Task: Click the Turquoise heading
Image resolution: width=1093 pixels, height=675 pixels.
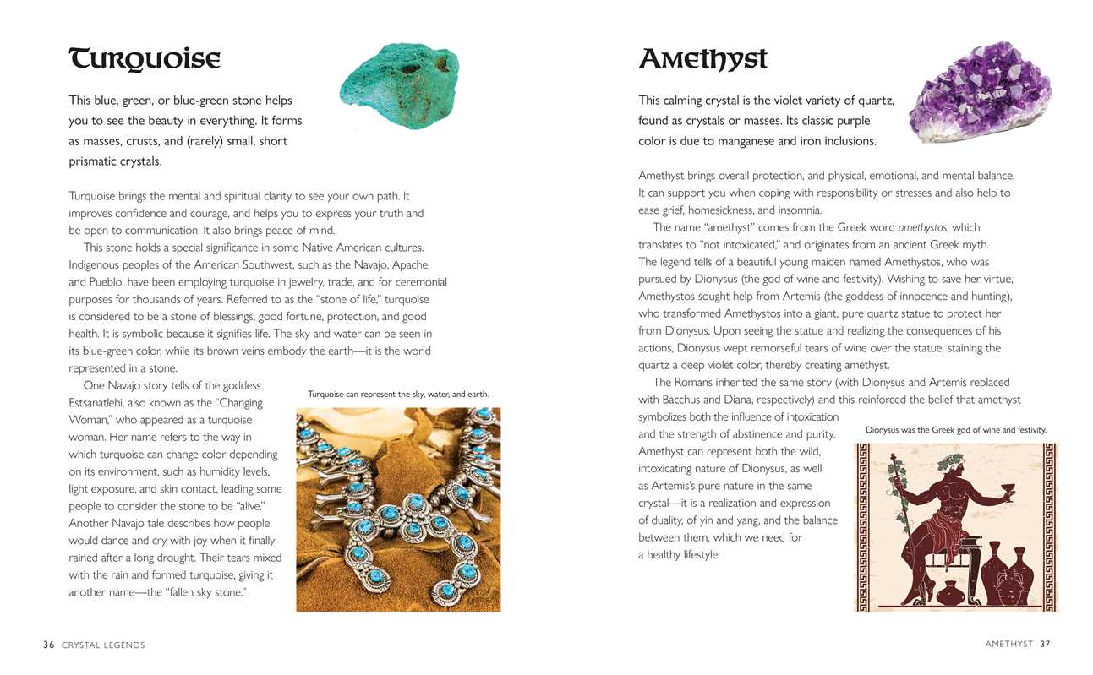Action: (144, 60)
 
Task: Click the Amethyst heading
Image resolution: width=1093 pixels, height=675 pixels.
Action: (702, 59)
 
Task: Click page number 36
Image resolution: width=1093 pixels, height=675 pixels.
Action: (49, 645)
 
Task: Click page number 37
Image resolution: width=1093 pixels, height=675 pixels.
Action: (1045, 644)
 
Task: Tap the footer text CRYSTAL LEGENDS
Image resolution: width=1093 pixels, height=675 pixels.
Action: (103, 645)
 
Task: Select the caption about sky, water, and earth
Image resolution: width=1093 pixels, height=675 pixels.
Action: (398, 395)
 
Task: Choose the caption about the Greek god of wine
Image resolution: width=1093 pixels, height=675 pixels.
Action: (956, 430)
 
